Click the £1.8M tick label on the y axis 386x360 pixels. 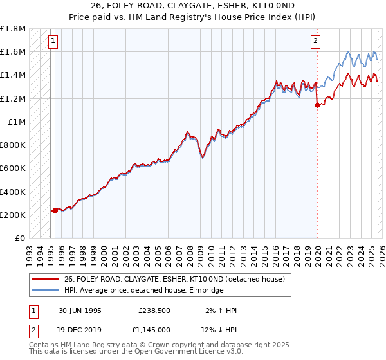(14, 29)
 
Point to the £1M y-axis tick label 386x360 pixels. (17, 122)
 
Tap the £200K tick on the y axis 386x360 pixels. (14, 215)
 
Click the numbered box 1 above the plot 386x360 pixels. (52, 42)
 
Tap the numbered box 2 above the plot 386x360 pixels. (316, 42)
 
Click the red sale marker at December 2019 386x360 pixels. (317, 105)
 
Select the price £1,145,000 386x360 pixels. (154, 329)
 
